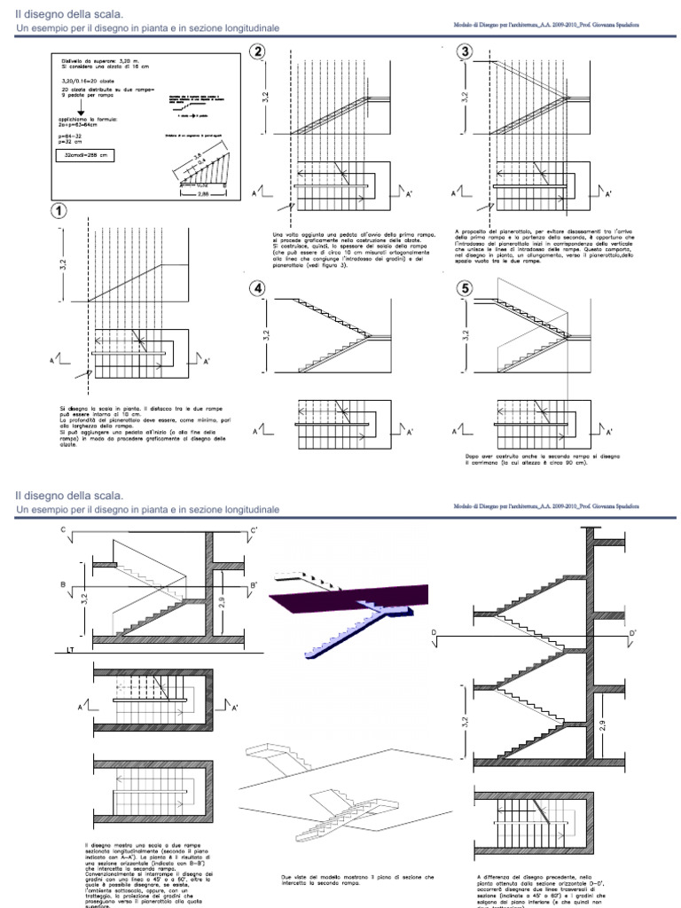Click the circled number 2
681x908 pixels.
pyautogui.click(x=258, y=52)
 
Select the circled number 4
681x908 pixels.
pyautogui.click(x=258, y=289)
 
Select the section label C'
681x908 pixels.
pyautogui.click(x=254, y=532)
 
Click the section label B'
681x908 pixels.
pyautogui.click(x=254, y=586)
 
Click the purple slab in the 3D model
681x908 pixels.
pyautogui.click(x=355, y=599)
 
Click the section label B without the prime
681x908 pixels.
pyautogui.click(x=64, y=586)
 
